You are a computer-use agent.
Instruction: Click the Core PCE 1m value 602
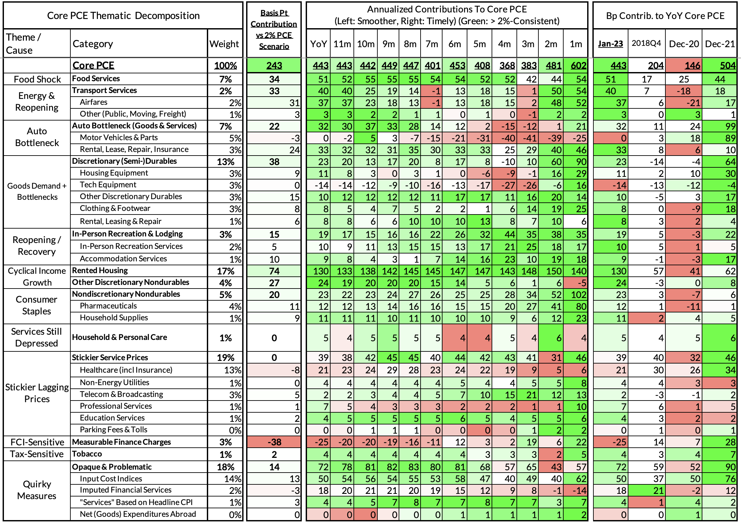[578, 65]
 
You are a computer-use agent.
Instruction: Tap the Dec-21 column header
[720, 44]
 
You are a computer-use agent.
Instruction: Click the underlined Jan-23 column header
[610, 44]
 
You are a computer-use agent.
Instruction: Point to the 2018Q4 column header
[646, 44]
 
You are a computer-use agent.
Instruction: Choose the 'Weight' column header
[224, 44]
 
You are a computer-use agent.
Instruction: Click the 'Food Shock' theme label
[37, 79]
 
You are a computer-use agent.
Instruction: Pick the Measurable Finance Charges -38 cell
[274, 442]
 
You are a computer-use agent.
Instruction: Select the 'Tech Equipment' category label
[108, 185]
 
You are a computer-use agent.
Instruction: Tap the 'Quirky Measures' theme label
[37, 490]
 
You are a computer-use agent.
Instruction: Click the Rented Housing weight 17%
[226, 271]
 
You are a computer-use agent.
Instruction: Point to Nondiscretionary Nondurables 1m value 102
[578, 295]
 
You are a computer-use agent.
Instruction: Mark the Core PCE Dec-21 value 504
[727, 65]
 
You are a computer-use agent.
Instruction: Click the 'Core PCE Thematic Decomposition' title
[123, 16]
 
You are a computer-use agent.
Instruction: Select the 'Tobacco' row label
[87, 454]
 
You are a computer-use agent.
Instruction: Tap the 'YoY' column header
[318, 44]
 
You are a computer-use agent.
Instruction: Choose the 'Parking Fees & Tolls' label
[113, 430]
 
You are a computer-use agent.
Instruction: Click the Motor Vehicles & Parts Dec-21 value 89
[730, 138]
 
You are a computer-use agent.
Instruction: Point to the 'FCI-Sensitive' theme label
[37, 442]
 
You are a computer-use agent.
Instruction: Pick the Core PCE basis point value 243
[274, 65]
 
